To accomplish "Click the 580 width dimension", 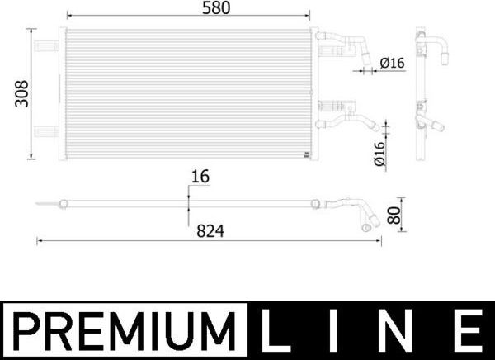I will click(186, 7).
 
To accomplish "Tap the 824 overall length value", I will click(210, 232).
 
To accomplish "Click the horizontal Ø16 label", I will click(392, 63).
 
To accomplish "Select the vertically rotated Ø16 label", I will click(380, 154).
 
